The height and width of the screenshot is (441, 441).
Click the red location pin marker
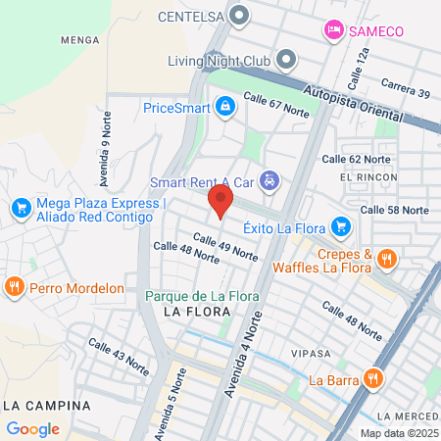click(x=220, y=204)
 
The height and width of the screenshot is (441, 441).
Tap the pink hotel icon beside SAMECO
click(x=334, y=31)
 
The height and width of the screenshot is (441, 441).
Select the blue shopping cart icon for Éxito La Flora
click(x=341, y=226)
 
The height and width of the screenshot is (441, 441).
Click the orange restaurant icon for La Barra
click(x=371, y=379)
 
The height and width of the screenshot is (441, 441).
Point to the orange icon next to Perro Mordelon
click(x=14, y=288)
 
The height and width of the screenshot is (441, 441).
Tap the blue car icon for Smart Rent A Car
click(x=272, y=182)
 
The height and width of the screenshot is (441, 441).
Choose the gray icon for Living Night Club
click(x=286, y=61)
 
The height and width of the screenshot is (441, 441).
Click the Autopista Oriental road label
click(x=361, y=101)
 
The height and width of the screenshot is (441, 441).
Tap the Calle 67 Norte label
click(x=275, y=106)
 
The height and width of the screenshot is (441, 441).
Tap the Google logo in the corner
click(x=32, y=428)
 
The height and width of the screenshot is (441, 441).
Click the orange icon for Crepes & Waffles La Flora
click(x=386, y=259)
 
